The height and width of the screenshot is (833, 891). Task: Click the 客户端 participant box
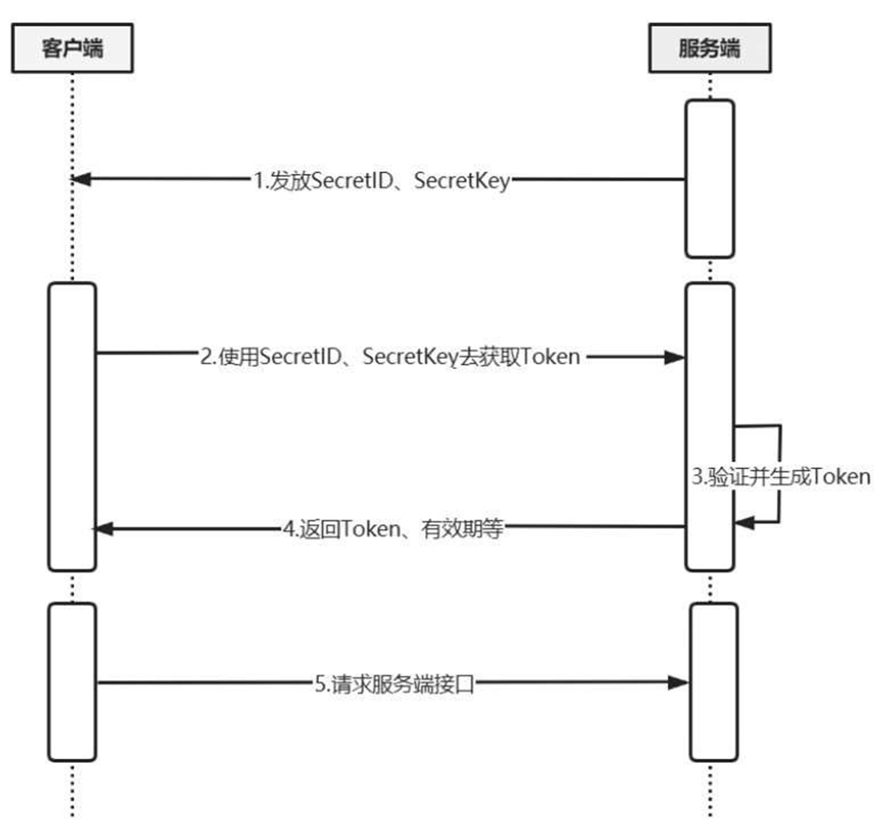click(x=72, y=49)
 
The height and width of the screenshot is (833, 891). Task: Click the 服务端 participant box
click(x=709, y=49)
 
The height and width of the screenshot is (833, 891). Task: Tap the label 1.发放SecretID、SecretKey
click(x=382, y=181)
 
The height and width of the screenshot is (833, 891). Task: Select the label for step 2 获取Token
click(x=390, y=357)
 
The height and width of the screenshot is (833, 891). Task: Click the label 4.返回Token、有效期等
click(x=397, y=530)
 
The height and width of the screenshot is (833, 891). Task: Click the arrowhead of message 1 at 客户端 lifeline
click(x=82, y=178)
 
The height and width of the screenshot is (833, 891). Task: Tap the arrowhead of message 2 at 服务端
click(x=675, y=356)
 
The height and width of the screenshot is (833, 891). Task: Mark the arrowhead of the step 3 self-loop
click(x=744, y=522)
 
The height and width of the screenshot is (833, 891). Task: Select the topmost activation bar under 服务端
click(x=709, y=178)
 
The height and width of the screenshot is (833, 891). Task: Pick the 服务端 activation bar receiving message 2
click(x=709, y=426)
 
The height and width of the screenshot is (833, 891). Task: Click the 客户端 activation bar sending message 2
click(x=72, y=426)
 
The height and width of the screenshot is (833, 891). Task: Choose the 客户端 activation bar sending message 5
click(x=72, y=681)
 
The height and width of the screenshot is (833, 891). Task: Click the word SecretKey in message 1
click(x=461, y=181)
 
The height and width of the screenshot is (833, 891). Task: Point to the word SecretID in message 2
click(x=299, y=357)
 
